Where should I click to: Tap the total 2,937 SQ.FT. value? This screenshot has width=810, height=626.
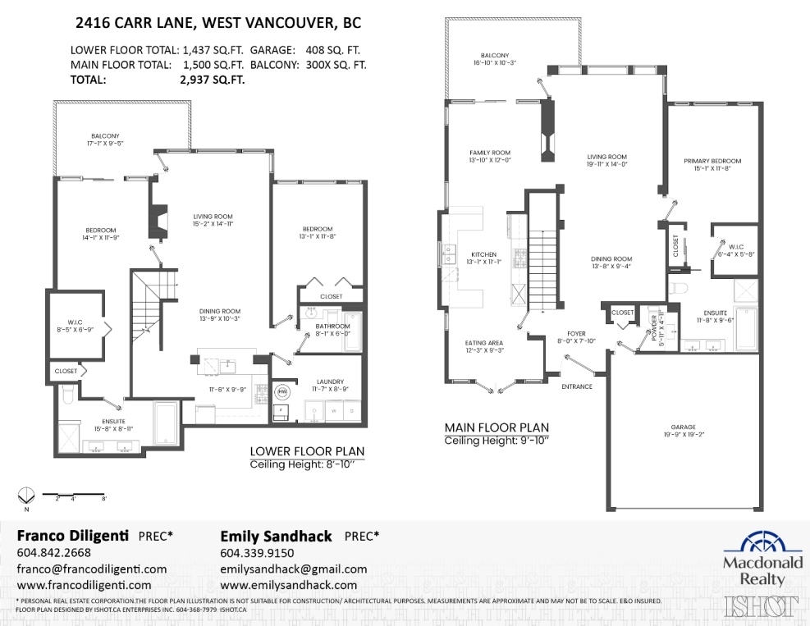coord(212,80)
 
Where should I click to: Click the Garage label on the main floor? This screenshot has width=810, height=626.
coord(682,427)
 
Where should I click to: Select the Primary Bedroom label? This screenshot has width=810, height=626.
coord(712,161)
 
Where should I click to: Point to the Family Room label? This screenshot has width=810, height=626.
coord(490,153)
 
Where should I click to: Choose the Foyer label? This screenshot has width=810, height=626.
coord(577,334)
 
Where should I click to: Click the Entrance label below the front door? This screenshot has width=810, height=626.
coord(577,386)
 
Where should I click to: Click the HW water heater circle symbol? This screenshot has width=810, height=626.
coord(282,391)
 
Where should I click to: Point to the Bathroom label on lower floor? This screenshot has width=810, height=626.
coord(332,326)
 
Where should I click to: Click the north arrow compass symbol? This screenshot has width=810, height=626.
coord(26,495)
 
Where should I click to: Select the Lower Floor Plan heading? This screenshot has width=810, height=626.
coord(307,451)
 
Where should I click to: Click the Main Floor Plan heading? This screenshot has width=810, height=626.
coord(497,427)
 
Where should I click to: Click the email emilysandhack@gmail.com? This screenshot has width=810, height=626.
coord(294,569)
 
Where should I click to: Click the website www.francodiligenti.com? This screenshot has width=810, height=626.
coord(84,585)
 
